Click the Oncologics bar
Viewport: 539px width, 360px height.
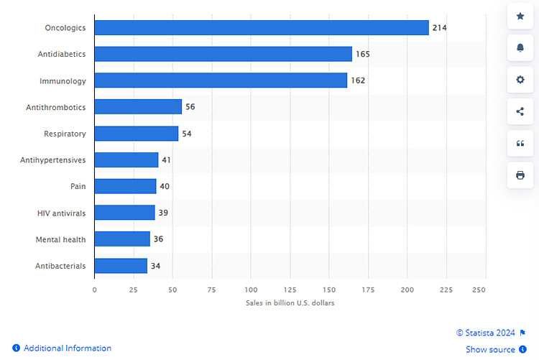[x=262, y=28]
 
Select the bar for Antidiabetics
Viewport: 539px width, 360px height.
[x=223, y=54]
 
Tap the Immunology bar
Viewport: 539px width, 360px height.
[x=221, y=80]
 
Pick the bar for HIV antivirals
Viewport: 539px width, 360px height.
[x=124, y=213]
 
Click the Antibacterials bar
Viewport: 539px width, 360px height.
[x=121, y=266]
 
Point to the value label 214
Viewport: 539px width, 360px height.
[x=440, y=28]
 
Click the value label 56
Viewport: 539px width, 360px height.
[x=190, y=107]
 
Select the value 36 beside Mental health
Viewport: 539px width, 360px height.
[x=158, y=239]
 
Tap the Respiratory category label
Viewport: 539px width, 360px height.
[x=65, y=134]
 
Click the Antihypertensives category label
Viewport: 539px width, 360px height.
[x=53, y=160]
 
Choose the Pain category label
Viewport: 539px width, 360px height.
[x=78, y=186]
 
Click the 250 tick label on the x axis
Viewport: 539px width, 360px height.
[x=479, y=290]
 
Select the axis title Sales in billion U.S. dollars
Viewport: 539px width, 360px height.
[x=290, y=303]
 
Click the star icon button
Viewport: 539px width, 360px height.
[x=520, y=16]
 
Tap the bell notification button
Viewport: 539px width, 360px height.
[x=520, y=47]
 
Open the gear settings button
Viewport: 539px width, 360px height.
[x=520, y=79]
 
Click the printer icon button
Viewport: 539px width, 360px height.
[x=520, y=175]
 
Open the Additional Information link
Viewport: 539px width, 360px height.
[x=62, y=348]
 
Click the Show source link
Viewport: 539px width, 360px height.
[x=491, y=349]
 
